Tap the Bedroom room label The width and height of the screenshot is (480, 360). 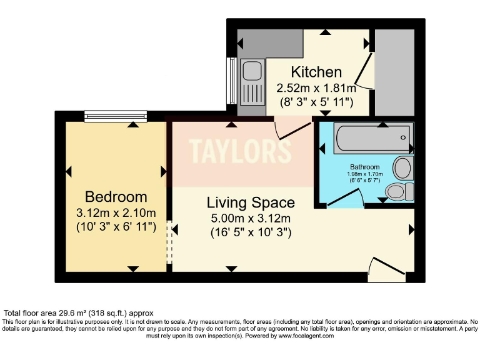(x=116, y=197)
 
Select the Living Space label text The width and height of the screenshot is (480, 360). (x=251, y=202)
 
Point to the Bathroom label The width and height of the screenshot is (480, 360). (x=364, y=167)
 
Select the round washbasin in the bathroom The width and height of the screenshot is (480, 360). (x=404, y=167)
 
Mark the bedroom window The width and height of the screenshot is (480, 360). (x=116, y=116)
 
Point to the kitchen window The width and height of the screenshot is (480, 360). (x=232, y=81)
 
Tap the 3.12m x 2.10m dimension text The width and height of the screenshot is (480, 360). (x=116, y=212)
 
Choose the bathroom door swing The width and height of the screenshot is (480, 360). (x=347, y=199)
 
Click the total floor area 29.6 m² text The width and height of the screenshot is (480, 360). (x=79, y=312)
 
